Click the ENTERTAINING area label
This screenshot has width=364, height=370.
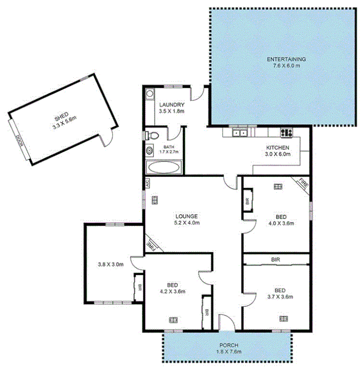coord(286,59)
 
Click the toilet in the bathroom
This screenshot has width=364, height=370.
coord(152,135)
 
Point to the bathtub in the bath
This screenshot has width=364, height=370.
coord(164,167)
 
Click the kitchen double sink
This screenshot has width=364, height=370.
coord(239,133)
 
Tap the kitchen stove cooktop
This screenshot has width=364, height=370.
coord(287,133)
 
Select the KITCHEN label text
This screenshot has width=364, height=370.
coord(278,148)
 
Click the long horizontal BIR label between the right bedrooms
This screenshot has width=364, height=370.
coord(276,259)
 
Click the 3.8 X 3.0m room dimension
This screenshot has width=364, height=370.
coord(111,263)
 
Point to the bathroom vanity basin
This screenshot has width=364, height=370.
coord(150,151)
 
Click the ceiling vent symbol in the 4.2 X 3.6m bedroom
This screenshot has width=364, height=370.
coord(174,319)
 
